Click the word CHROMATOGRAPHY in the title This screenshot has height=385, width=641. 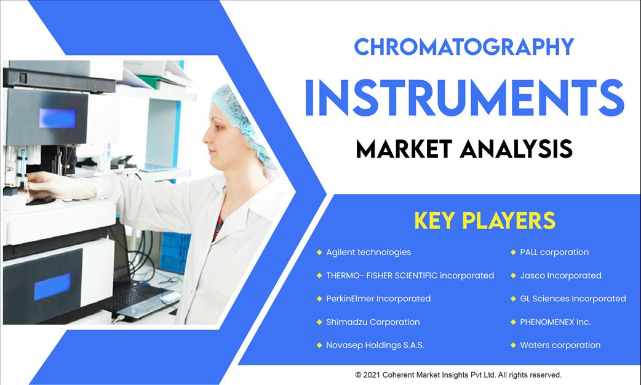coord(464,47)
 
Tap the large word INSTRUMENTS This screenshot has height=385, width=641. coord(464,99)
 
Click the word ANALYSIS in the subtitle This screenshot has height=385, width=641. coord(516,148)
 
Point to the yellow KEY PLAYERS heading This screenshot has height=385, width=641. coord(485,221)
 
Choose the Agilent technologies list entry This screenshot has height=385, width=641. coord(368,253)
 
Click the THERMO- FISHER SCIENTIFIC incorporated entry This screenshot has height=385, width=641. coord(410,275)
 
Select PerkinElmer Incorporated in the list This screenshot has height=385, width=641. coord(378,299)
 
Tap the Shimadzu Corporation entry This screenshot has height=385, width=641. coord(373,322)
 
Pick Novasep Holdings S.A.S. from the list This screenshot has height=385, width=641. coord(375,346)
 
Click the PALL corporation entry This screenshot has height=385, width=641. coord(554,253)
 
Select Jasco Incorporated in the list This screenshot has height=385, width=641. coord(560,275)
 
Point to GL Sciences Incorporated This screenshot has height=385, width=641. coord(573,299)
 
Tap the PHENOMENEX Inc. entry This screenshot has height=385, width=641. coord(555,322)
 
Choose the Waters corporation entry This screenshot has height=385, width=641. coord(560,346)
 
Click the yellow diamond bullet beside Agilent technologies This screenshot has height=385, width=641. coord(319,253)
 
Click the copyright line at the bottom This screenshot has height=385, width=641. coord(458,375)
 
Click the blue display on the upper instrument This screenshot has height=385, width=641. coord(58,118)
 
